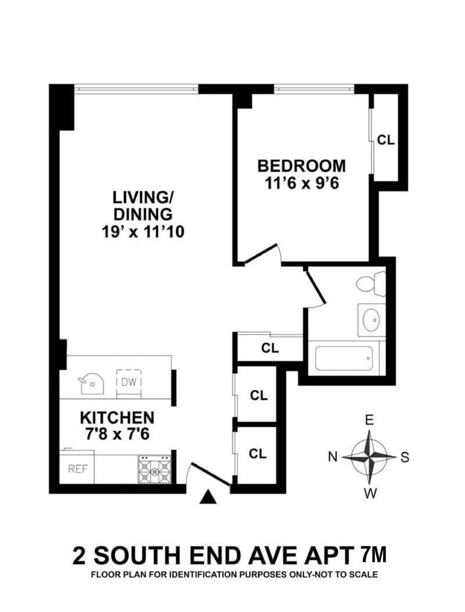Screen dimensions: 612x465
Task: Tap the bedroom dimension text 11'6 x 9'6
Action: pyautogui.click(x=302, y=183)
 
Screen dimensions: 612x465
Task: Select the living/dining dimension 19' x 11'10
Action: pyautogui.click(x=143, y=232)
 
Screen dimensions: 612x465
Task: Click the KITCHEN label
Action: pyautogui.click(x=117, y=418)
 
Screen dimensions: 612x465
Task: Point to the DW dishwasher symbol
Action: pyautogui.click(x=129, y=382)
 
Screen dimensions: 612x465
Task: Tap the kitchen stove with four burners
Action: pyautogui.click(x=155, y=469)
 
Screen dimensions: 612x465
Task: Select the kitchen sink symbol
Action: pyautogui.click(x=91, y=384)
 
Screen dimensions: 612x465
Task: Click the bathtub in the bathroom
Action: pyautogui.click(x=344, y=358)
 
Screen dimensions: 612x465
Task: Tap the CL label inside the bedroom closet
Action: pyautogui.click(x=386, y=140)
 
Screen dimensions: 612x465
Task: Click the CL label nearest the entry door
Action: pyautogui.click(x=258, y=453)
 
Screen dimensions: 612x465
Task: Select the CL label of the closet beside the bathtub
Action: pyautogui.click(x=270, y=348)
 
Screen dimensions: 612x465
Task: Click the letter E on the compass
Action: pyautogui.click(x=369, y=420)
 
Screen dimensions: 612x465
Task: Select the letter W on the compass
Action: pyautogui.click(x=370, y=494)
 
